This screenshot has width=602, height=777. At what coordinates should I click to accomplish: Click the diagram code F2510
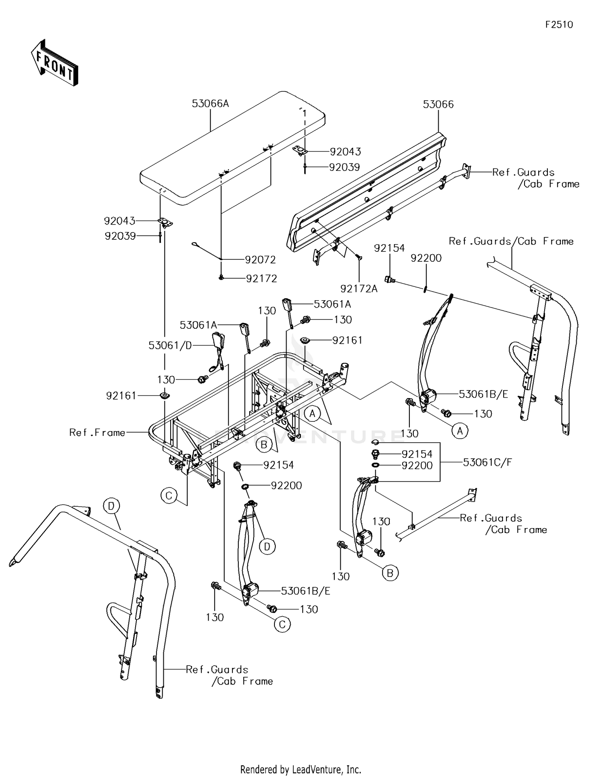559,24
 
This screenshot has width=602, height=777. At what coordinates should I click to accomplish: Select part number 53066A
210,104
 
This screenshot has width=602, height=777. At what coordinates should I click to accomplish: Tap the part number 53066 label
438,105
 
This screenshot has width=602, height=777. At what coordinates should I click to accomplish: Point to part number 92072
260,260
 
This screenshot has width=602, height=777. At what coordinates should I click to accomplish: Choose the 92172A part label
359,289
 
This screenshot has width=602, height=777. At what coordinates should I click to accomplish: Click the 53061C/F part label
488,462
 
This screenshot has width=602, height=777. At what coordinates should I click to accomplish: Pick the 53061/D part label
170,345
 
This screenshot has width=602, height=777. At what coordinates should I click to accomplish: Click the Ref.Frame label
97,432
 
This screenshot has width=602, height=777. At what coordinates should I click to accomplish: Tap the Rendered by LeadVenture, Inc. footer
301,769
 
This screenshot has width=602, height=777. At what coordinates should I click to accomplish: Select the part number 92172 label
261,279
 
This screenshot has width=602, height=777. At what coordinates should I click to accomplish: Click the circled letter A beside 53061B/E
460,431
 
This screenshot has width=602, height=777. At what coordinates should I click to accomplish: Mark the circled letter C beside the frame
169,496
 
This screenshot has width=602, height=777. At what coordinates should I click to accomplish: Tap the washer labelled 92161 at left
164,396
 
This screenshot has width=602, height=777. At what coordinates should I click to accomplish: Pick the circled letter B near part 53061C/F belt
390,573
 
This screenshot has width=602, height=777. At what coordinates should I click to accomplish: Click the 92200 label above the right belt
426,258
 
